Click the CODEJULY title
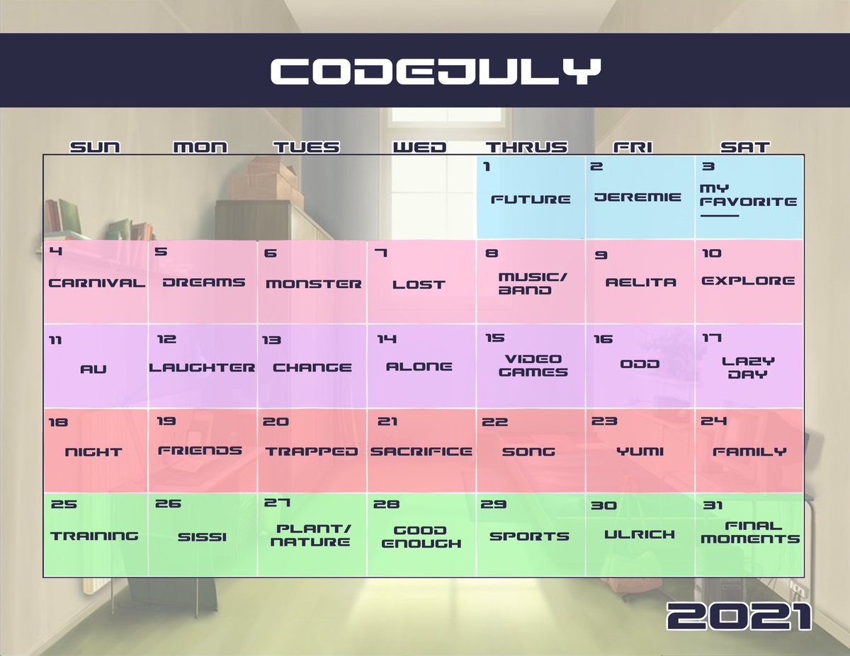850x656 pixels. [x=435, y=71]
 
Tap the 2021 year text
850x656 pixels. [x=739, y=617]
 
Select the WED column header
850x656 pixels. [x=419, y=147]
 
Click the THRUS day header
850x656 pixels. [x=526, y=147]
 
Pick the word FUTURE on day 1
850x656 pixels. [x=531, y=199]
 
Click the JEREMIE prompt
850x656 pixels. [x=637, y=197]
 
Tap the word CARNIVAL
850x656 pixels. [x=96, y=283]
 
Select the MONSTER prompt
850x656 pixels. [x=313, y=284]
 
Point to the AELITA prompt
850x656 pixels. [x=640, y=282]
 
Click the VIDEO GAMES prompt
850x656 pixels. [x=533, y=366]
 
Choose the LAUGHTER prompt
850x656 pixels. [x=202, y=367]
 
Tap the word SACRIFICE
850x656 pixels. [x=421, y=451]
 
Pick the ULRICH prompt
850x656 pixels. [x=639, y=535]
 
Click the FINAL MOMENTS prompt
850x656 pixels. [x=750, y=532]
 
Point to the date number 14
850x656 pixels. [x=386, y=340]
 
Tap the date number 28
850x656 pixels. [x=386, y=505]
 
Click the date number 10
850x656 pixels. [x=711, y=253]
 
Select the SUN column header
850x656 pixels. [x=95, y=147]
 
